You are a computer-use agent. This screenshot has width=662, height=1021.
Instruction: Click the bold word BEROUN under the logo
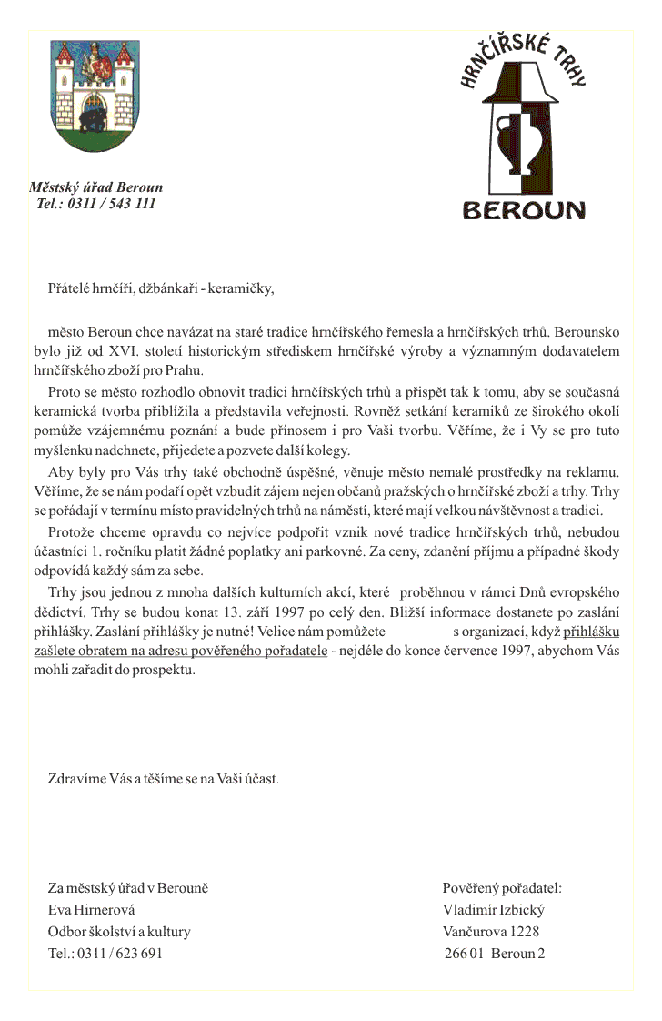524,210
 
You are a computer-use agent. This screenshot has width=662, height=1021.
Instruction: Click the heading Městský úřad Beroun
95,187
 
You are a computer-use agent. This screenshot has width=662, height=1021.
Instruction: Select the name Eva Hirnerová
91,910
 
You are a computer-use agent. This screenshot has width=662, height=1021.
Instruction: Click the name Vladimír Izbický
494,910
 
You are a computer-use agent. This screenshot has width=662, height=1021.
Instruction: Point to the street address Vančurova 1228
491,932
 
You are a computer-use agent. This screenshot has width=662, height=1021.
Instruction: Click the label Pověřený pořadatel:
502,888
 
